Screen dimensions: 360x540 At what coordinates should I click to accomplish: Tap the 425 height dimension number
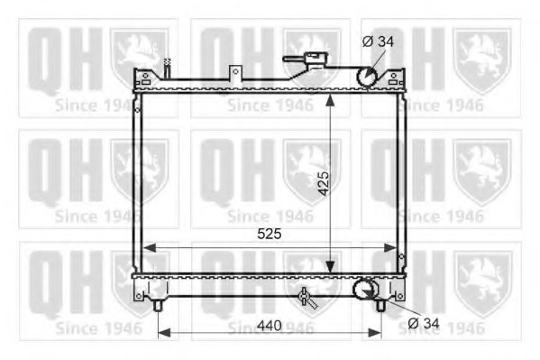[322, 182]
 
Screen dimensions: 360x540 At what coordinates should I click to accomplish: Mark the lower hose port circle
[364, 289]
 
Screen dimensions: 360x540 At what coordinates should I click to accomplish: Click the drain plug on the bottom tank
[307, 298]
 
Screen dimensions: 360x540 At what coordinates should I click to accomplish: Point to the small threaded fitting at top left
[167, 65]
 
